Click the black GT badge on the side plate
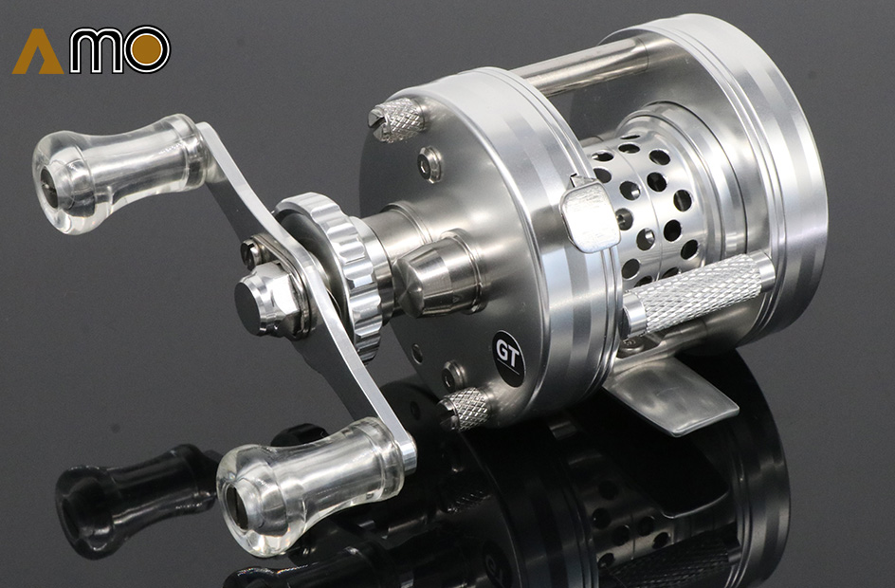coord(508,358)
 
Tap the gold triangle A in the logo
coord(38,52)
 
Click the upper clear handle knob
coord(119,174)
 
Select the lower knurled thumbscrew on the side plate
coord(464,409)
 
